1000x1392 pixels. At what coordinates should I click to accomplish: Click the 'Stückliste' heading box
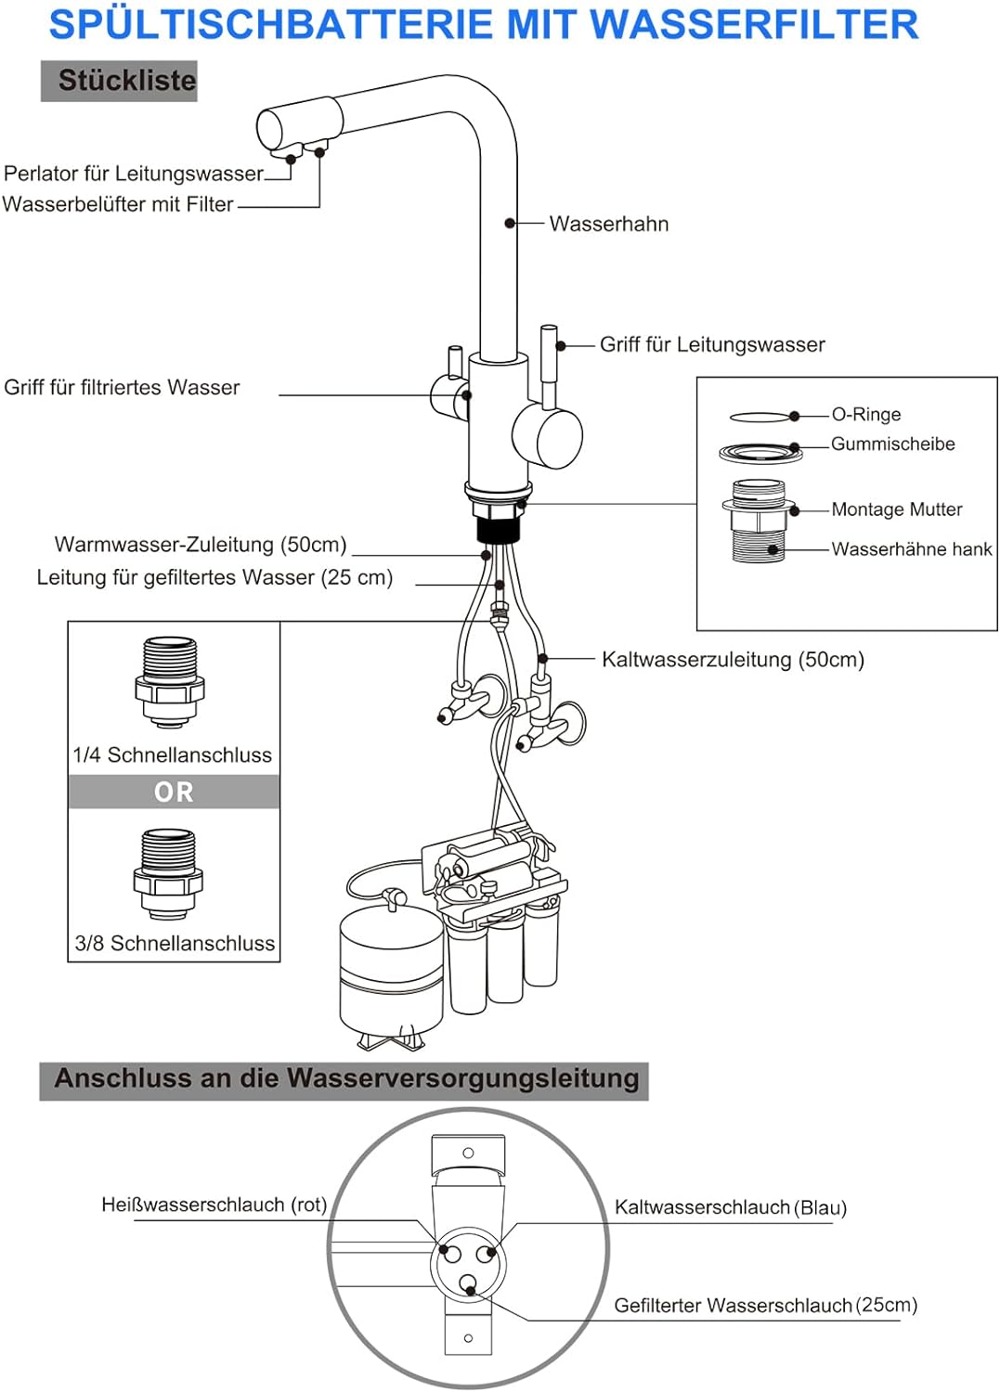[119, 81]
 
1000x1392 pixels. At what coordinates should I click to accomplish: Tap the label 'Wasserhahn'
[608, 224]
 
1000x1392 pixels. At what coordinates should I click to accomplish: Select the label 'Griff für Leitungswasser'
[711, 344]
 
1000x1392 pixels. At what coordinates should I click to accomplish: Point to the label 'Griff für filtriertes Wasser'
[122, 387]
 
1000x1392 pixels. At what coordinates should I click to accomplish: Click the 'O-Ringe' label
[865, 414]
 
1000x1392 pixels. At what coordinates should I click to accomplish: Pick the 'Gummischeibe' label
[892, 444]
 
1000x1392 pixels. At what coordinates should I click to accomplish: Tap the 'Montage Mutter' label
[896, 509]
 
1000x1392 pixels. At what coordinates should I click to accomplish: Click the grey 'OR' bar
[174, 792]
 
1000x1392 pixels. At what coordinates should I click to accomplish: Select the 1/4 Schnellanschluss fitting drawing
[170, 682]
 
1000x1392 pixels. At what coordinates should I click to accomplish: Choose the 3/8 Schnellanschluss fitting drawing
[168, 874]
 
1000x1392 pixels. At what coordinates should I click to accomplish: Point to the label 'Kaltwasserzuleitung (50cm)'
[733, 659]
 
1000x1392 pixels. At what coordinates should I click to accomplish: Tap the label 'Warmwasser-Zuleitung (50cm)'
[201, 544]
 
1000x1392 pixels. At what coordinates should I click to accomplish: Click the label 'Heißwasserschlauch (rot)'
[214, 1205]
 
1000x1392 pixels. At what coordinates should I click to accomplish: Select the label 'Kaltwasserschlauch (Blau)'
[730, 1207]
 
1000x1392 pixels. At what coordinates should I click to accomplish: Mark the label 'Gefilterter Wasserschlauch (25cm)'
[765, 1305]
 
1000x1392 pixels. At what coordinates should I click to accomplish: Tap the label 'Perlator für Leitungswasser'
[134, 174]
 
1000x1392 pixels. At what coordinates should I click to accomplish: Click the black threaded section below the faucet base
[498, 530]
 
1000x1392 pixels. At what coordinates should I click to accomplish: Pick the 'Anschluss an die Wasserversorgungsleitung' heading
[345, 1079]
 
